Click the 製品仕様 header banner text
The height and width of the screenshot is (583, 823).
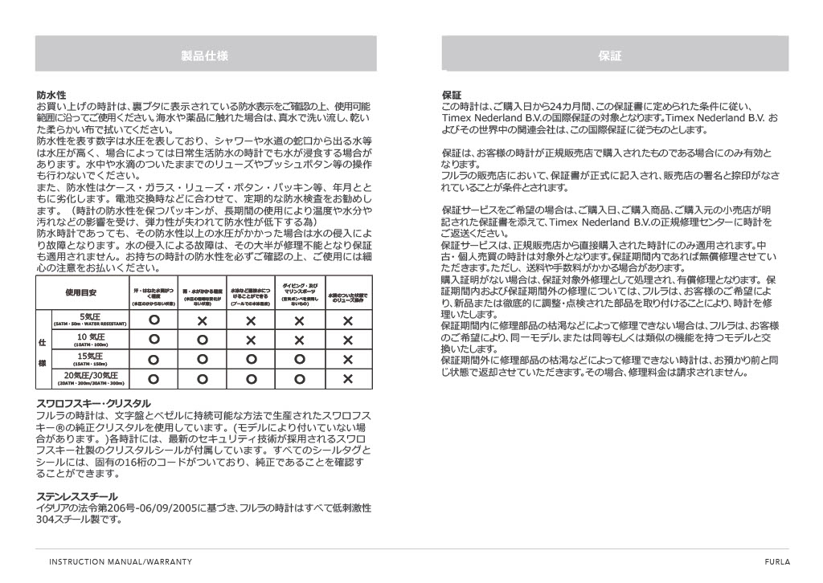[205, 55]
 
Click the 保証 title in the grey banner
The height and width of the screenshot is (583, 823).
[610, 55]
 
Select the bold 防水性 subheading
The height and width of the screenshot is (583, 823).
[51, 95]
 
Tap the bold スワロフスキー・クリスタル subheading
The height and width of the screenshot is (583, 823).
[93, 403]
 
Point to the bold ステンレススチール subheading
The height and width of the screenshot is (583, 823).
[77, 496]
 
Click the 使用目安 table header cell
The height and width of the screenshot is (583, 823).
[80, 294]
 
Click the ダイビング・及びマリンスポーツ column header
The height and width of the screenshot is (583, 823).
[300, 293]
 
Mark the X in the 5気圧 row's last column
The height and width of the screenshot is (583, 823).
[348, 320]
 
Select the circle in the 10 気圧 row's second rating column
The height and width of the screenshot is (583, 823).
[203, 340]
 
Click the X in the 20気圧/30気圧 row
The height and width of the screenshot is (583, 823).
[348, 378]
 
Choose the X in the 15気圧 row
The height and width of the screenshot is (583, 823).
[348, 359]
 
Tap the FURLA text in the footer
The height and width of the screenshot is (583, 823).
[778, 561]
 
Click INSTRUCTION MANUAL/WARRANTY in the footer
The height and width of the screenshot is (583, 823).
[121, 561]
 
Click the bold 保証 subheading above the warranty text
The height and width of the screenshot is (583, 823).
[452, 95]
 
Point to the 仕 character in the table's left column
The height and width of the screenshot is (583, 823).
[43, 340]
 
